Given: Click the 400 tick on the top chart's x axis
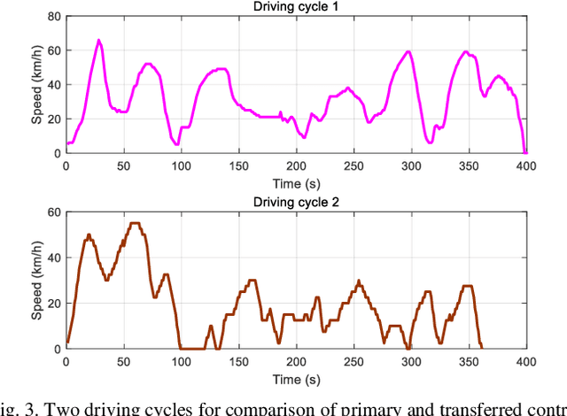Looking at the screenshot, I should tap(525, 166).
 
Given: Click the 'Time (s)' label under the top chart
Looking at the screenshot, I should tap(296, 180).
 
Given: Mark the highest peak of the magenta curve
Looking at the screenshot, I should tap(98, 40).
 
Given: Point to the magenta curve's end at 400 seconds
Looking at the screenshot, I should tap(525, 152).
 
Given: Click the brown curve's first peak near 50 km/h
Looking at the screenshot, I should tap(89, 235).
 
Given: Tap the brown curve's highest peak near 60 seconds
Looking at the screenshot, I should tap(135, 223).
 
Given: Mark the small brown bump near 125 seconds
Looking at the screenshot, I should tap(210, 327).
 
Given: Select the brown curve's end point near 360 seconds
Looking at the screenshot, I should tap(480, 347).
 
